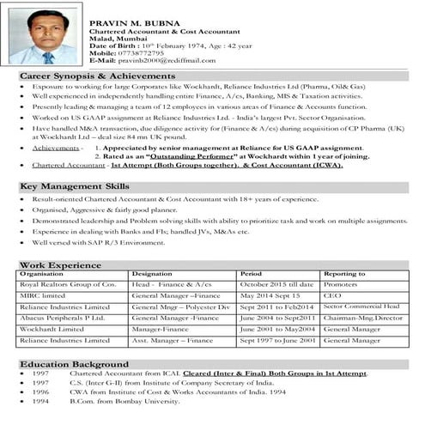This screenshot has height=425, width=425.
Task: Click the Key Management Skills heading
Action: tap(75, 185)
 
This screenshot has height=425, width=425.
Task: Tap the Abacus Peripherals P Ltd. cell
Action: tap(64, 318)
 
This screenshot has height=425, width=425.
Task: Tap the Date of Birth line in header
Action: tap(172, 44)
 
